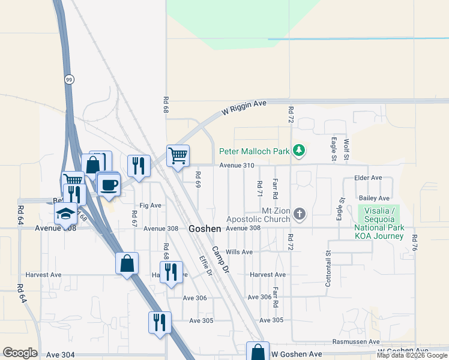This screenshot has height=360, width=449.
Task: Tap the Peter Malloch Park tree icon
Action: click(x=299, y=151)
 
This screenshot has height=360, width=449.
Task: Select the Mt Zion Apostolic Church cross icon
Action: click(x=300, y=214)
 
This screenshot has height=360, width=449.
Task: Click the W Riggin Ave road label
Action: click(x=244, y=108)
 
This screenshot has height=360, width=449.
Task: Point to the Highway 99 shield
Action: click(x=70, y=79)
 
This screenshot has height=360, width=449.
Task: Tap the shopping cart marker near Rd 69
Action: click(x=178, y=156)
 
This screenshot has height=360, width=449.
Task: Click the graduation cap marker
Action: click(x=65, y=214)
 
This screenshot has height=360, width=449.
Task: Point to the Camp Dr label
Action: click(x=220, y=259)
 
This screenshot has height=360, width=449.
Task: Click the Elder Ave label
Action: click(x=369, y=178)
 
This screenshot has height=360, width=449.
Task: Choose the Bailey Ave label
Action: click(x=374, y=198)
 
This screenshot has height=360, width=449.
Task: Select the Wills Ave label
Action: click(x=239, y=252)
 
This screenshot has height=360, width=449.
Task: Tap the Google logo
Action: click(x=20, y=353)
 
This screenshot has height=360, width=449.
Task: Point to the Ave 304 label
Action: click(x=60, y=355)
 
